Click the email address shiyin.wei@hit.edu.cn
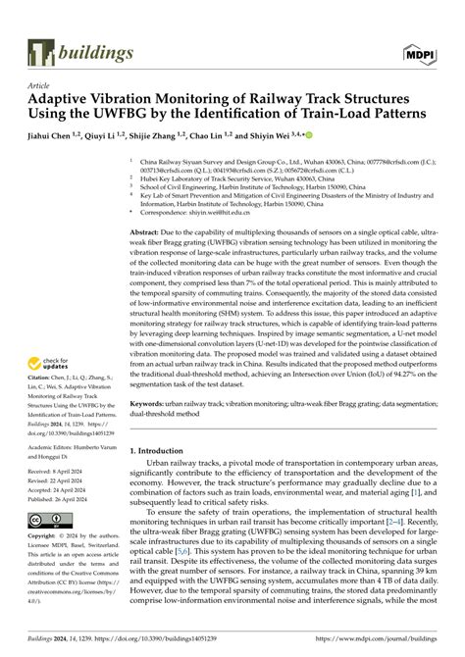coord(229,210)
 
